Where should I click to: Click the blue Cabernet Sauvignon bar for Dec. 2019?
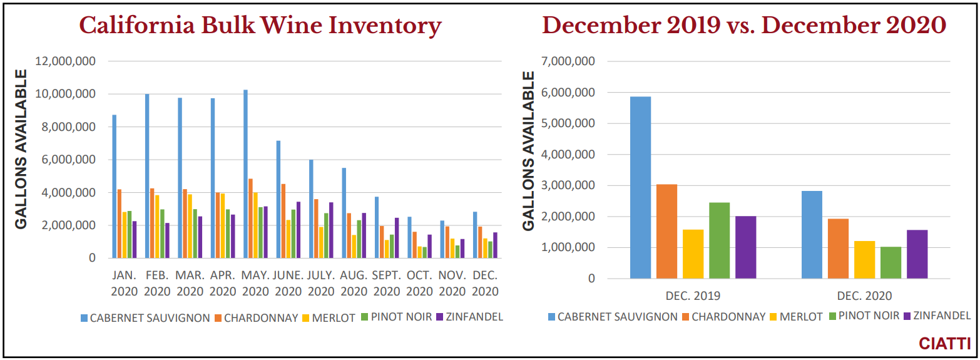pos(640,188)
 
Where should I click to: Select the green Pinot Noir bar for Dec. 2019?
pos(719,240)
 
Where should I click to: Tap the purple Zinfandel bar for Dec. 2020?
pos(917,254)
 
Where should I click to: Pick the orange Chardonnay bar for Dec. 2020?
pos(838,249)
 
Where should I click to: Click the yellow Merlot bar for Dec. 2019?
pos(693,254)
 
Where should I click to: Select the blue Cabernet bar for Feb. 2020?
pos(147,176)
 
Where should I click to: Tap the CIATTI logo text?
pos(944,344)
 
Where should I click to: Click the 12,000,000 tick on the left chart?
pos(66,61)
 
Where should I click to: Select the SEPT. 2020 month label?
pos(386,283)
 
